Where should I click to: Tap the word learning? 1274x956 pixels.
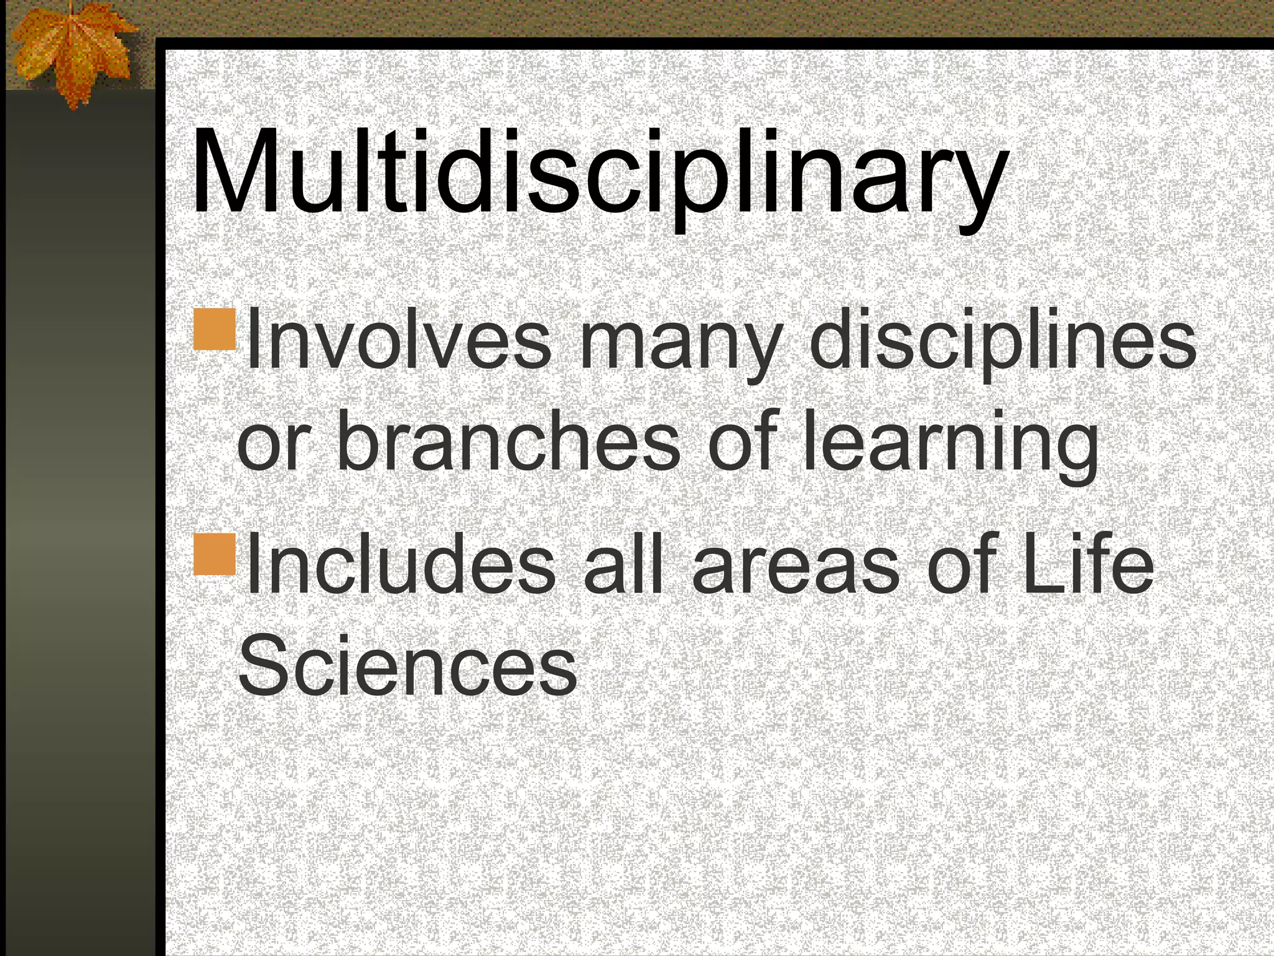(950, 443)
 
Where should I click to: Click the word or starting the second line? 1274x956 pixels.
(272, 445)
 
